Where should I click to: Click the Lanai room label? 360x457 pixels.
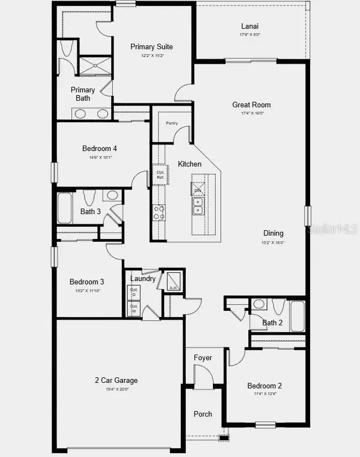point(250,26)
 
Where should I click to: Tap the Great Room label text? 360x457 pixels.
point(252,105)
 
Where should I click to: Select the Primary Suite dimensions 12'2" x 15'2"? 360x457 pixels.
point(152,56)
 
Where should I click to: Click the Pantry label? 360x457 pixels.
point(171,123)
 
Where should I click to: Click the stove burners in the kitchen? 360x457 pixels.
point(159,212)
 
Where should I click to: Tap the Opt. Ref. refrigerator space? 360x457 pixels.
point(160,174)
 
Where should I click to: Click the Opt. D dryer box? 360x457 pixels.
point(134,292)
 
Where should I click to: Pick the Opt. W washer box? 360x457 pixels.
point(134,309)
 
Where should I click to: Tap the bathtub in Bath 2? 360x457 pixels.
point(298,315)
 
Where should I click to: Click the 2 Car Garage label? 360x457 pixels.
point(116,380)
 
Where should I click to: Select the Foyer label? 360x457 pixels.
point(203,358)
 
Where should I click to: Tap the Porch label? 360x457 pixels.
point(203,414)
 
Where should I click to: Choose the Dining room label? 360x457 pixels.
point(273,233)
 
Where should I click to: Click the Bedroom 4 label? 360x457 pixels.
point(100,148)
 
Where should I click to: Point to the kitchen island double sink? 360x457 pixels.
point(199,206)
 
